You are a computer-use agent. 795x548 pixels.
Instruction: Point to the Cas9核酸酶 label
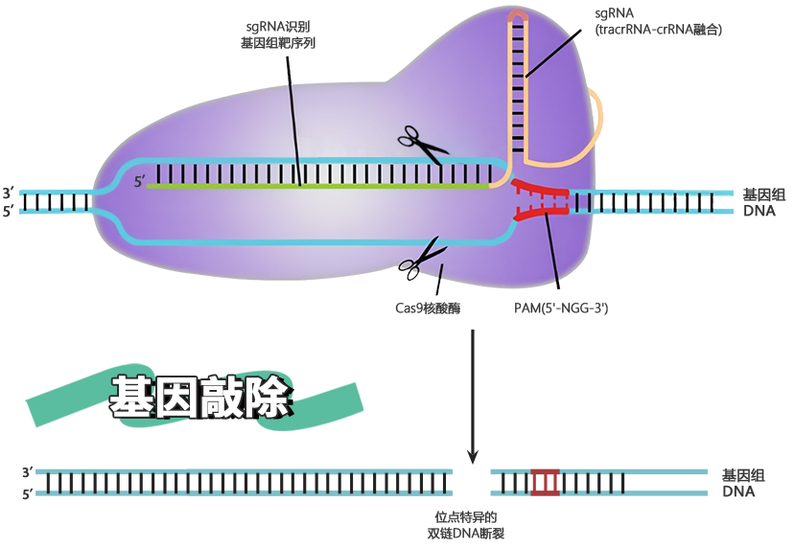pyautogui.click(x=428, y=308)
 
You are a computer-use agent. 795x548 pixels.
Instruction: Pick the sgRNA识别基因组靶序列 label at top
pyautogui.click(x=278, y=34)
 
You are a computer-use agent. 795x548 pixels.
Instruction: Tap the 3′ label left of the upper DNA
pyautogui.click(x=9, y=193)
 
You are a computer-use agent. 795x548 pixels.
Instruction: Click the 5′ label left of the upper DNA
pyautogui.click(x=9, y=211)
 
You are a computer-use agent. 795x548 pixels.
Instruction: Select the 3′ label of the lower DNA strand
pyautogui.click(x=27, y=472)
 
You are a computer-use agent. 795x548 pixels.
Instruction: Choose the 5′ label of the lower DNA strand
pyautogui.click(x=27, y=493)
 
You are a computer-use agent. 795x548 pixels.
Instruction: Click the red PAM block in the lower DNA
pyautogui.click(x=545, y=482)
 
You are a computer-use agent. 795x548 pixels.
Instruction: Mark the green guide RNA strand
pyautogui.click(x=316, y=187)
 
